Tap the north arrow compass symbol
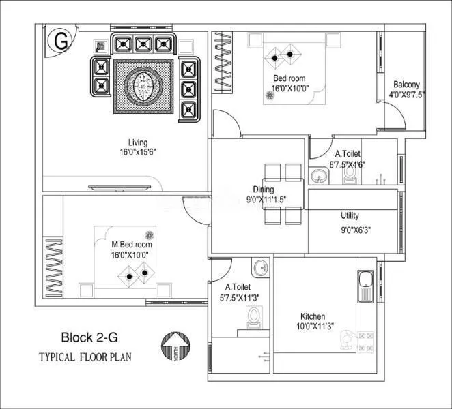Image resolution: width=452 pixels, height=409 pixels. coord(174,347)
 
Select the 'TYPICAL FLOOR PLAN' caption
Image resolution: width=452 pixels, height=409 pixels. coord(85,357)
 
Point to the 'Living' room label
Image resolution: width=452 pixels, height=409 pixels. coord(139,142)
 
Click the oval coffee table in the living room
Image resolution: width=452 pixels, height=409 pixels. coord(143,87)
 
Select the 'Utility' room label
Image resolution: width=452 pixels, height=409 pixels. coord(350,216)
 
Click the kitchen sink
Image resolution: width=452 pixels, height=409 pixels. coord(363,286)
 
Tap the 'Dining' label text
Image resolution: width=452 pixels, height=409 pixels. coord(264,190)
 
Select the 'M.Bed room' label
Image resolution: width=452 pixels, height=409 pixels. coord(132,244)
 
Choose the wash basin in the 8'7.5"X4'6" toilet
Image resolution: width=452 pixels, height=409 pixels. coord(317,177)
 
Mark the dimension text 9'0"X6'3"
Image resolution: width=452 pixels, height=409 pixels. coord(356,230)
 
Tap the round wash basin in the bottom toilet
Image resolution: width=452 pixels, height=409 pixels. coord(259,267)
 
